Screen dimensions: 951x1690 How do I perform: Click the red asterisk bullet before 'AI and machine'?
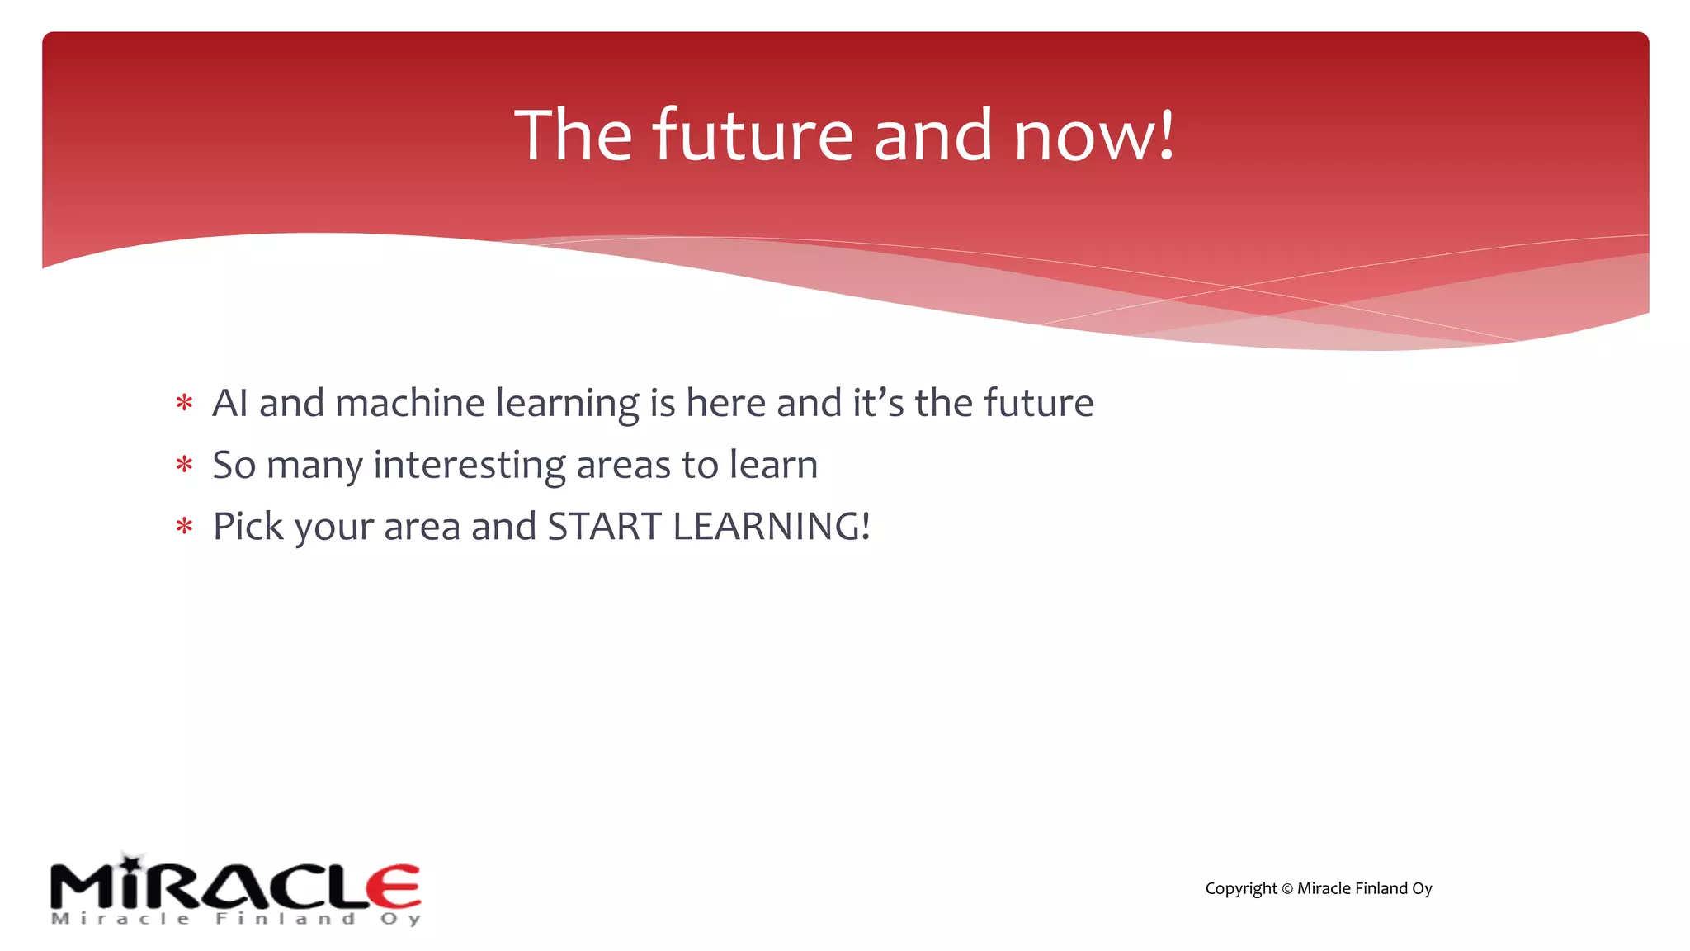184,404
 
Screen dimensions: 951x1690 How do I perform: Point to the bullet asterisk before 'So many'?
184,466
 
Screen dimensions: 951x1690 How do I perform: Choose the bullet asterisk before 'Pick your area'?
184,527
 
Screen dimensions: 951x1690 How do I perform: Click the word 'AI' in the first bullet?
229,403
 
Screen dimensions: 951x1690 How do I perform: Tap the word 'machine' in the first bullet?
409,403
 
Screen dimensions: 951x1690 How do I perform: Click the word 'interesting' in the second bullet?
469,465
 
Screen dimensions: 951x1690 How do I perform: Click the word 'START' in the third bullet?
604,527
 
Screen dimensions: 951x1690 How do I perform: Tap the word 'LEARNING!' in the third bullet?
772,527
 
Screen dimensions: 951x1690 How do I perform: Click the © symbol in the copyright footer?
1286,889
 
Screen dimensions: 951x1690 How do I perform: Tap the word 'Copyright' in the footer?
1240,889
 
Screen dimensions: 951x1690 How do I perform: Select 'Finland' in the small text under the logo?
286,919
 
